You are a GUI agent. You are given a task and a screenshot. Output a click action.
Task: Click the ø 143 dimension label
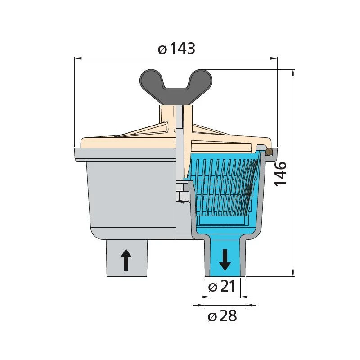click(176, 49)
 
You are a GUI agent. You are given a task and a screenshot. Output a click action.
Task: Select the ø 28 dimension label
click(222, 316)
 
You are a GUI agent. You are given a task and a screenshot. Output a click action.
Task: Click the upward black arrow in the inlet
click(126, 260)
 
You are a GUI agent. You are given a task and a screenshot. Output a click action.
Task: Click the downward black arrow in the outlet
click(225, 260)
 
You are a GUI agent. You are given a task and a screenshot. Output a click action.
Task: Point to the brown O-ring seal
click(270, 152)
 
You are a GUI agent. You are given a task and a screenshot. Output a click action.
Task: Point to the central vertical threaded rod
click(179, 144)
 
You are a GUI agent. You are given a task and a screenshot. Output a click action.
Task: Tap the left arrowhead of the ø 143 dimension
click(77, 58)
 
